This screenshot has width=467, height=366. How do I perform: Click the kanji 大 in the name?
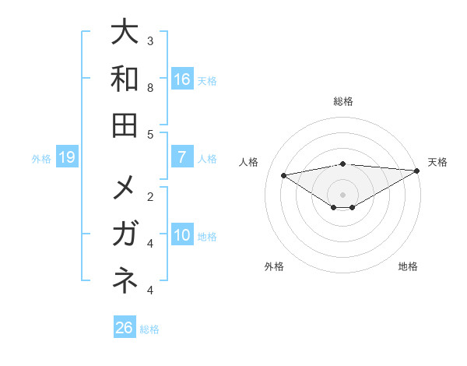point(125,33)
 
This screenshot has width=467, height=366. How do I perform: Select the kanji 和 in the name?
point(125,79)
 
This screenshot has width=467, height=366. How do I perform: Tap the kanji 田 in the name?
point(125,124)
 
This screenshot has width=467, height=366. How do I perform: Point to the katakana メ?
point(125,189)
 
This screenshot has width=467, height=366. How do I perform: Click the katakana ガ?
point(125,234)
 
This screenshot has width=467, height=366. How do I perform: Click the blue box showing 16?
point(182,79)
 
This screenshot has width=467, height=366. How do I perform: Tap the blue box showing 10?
point(182,236)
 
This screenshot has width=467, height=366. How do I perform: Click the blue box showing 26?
point(125,328)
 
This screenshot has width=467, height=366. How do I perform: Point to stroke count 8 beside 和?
point(150,88)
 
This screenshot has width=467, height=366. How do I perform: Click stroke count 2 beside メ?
point(150,196)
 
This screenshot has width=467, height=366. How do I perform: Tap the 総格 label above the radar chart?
point(343,101)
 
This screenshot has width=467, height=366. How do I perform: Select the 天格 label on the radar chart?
point(437,162)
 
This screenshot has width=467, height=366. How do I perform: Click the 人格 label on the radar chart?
point(250,162)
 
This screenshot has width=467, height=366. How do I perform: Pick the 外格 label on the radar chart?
point(274,266)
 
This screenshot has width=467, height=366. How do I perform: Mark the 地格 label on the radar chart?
point(408,266)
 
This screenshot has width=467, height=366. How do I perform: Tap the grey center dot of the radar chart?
point(343,194)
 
